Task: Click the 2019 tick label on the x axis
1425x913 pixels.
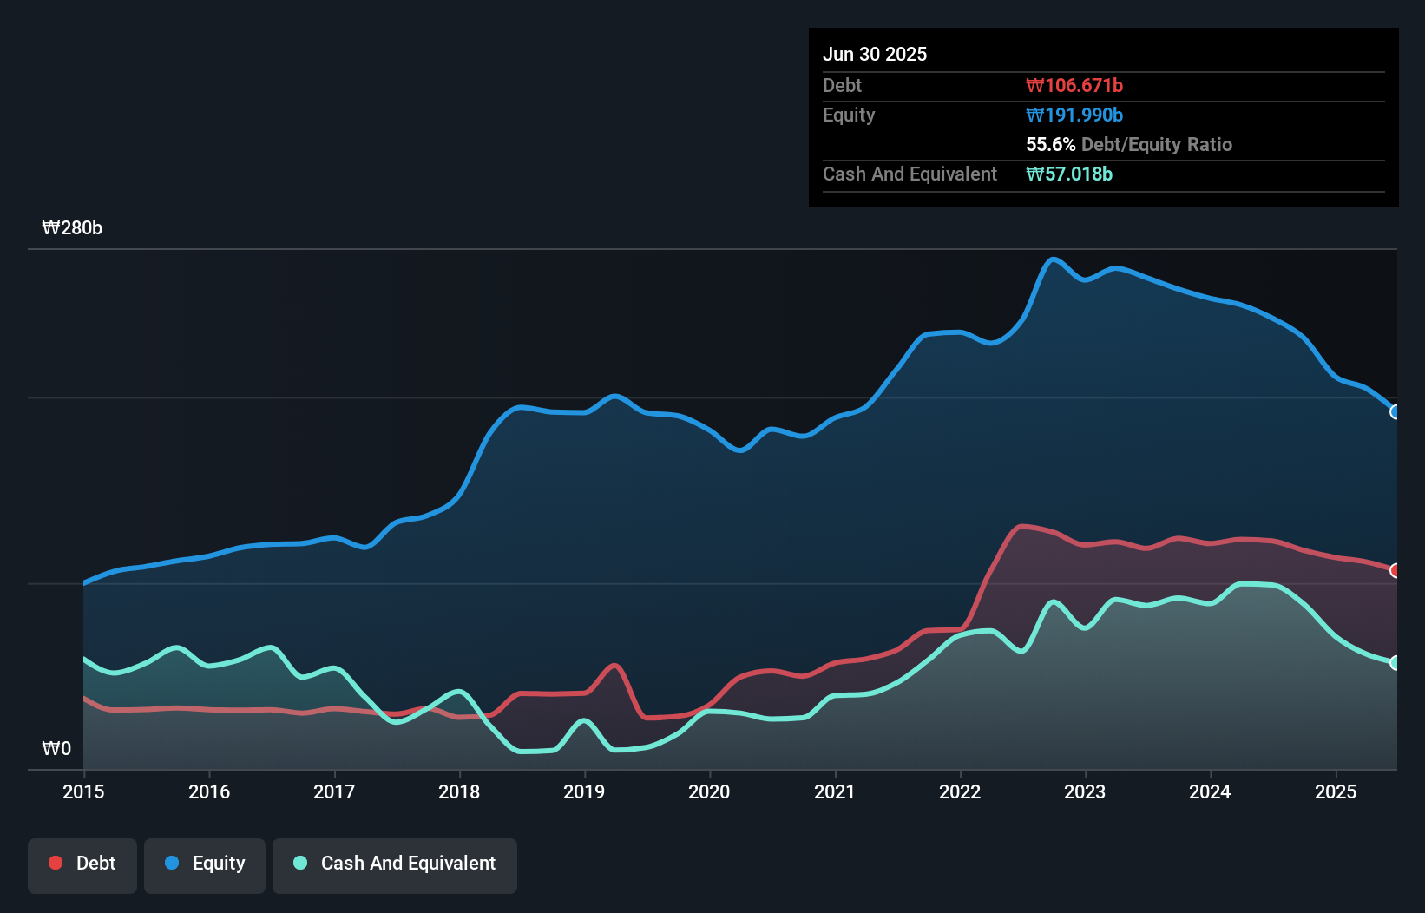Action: tap(584, 791)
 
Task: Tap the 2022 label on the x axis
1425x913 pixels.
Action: tap(960, 791)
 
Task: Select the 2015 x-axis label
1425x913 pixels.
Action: tap(83, 791)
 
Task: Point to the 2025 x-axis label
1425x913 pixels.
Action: tap(1336, 791)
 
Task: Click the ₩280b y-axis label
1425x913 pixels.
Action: tap(72, 228)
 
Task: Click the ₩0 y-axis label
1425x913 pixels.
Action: tap(56, 748)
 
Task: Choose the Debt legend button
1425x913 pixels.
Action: tap(82, 864)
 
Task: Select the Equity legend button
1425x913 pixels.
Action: tap(205, 864)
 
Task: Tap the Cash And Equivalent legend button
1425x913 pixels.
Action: tap(395, 864)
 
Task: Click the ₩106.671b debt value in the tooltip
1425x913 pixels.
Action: tap(1074, 86)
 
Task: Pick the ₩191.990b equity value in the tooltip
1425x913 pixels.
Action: tap(1074, 115)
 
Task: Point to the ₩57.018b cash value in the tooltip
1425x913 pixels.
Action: tap(1069, 174)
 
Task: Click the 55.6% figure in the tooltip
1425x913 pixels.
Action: tap(1050, 145)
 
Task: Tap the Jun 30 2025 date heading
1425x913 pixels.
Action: tap(875, 55)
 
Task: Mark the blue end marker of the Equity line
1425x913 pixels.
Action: tap(1395, 412)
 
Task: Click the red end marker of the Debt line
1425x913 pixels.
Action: tap(1395, 570)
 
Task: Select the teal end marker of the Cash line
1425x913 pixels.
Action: tap(1395, 663)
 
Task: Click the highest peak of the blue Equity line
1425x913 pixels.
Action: tap(1053, 259)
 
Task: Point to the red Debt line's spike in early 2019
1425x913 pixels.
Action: tap(614, 666)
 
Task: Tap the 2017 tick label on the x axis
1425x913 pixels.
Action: tap(334, 791)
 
